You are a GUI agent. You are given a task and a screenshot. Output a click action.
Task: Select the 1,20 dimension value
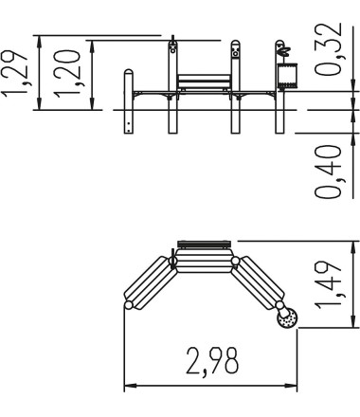point(67,73)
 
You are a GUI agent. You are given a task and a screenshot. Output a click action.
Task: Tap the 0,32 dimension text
point(329,49)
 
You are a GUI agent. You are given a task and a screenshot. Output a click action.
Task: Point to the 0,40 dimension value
point(329,172)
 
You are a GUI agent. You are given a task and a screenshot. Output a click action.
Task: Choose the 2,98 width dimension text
point(212,361)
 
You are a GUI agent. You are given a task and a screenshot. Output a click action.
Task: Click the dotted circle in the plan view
point(287,318)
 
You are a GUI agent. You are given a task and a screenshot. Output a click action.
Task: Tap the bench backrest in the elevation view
point(204,82)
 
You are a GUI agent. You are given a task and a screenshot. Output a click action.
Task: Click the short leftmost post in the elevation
point(129,101)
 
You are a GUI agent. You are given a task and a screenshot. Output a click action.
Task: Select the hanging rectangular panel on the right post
point(287,76)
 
